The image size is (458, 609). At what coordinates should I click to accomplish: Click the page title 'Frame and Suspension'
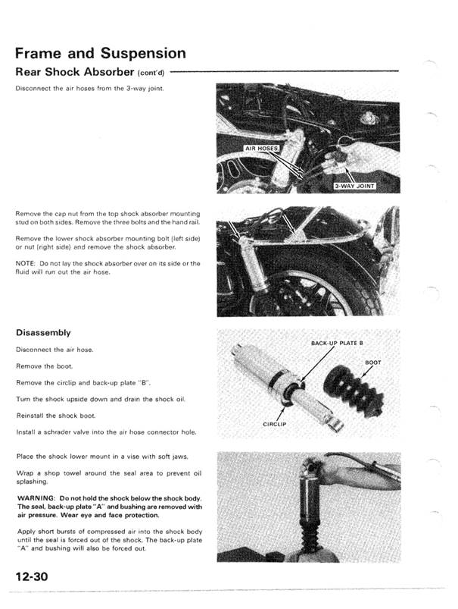pyautogui.click(x=100, y=53)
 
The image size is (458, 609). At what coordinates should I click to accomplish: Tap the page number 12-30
pyautogui.click(x=31, y=578)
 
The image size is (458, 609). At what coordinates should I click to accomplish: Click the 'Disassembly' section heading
pyautogui.click(x=43, y=333)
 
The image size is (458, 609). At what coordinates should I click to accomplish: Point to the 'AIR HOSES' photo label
pyautogui.click(x=262, y=149)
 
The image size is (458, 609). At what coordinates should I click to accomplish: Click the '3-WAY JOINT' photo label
pyautogui.click(x=355, y=184)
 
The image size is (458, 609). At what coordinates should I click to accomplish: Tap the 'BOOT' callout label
pyautogui.click(x=373, y=362)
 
